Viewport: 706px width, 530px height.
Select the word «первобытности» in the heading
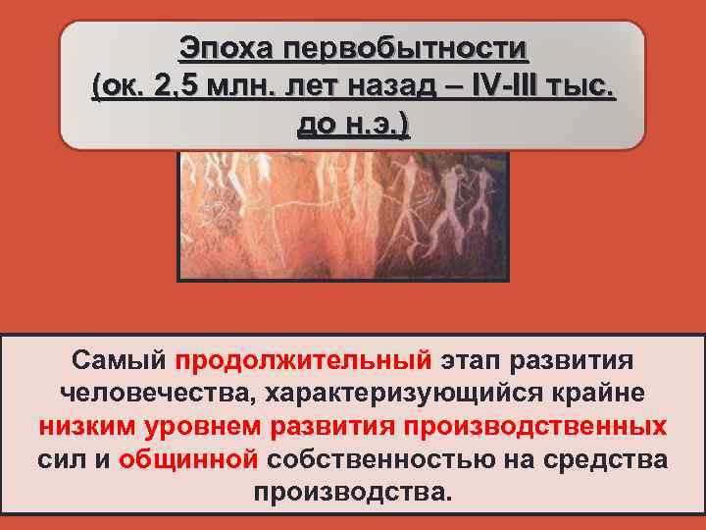click(406, 48)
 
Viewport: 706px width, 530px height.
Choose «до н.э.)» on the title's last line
click(353, 125)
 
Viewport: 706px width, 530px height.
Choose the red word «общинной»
click(188, 461)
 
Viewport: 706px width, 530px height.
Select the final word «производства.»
click(353, 493)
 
